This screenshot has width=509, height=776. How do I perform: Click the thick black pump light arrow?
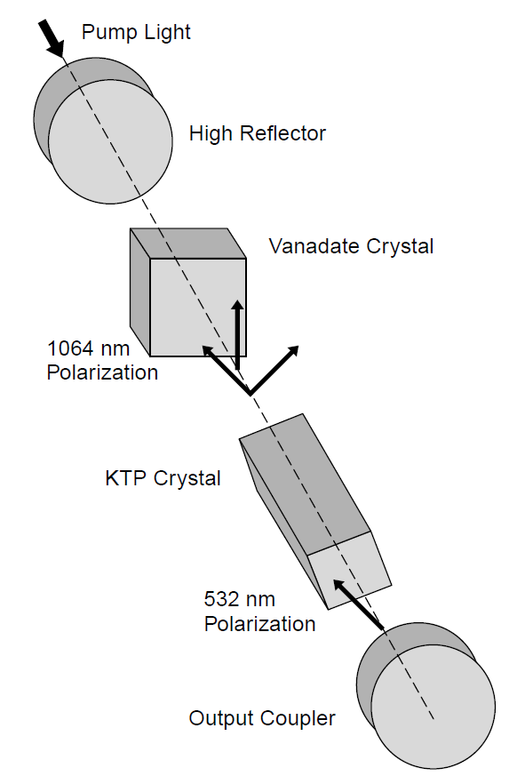tap(52, 38)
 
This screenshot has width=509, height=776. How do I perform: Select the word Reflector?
tap(284, 133)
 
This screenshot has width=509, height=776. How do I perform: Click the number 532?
tap(221, 599)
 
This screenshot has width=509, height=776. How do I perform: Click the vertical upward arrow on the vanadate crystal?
tap(238, 334)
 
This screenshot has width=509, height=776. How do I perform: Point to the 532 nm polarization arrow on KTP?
tap(359, 604)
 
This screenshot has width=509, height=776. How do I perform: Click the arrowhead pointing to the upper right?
tap(293, 351)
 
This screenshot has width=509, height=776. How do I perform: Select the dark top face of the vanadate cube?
tap(188, 244)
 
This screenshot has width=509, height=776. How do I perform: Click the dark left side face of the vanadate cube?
tap(140, 292)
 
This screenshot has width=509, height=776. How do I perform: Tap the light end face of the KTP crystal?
tap(349, 570)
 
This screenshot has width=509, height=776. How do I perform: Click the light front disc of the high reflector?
tap(111, 141)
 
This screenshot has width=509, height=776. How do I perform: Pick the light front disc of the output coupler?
tap(433, 707)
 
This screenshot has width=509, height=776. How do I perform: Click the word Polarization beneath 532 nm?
tap(259, 624)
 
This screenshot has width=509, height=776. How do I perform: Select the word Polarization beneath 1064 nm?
tap(102, 372)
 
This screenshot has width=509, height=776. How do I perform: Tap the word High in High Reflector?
tap(212, 134)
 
